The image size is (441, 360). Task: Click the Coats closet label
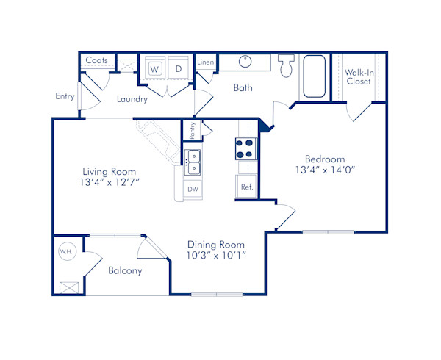(97, 60)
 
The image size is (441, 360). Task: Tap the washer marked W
(155, 69)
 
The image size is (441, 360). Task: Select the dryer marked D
(177, 69)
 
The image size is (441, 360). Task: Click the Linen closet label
(206, 62)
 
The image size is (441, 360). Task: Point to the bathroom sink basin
(245, 62)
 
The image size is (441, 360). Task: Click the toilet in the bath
(287, 68)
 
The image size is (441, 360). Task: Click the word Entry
(65, 96)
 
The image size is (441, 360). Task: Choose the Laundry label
(132, 99)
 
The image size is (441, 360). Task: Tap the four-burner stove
(245, 149)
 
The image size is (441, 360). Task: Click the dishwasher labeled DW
(193, 190)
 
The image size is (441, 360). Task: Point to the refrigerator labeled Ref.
(246, 187)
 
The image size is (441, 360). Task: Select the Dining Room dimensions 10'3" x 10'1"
(216, 256)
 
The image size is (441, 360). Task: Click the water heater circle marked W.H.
(65, 252)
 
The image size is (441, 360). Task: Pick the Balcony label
(125, 270)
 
